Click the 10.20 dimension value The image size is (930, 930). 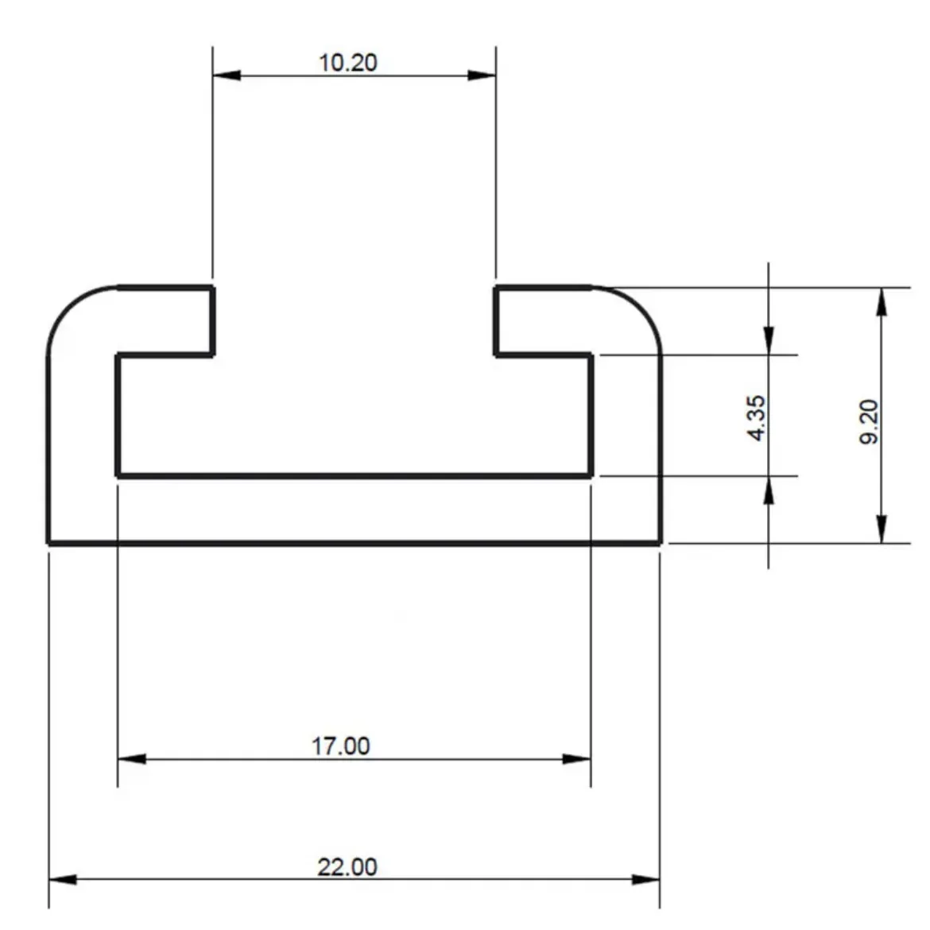click(x=347, y=62)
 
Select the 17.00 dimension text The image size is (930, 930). click(x=340, y=746)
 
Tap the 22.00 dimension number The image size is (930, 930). click(x=347, y=866)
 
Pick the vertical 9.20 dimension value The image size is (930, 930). click(x=870, y=421)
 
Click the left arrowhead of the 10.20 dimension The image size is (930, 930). click(x=227, y=76)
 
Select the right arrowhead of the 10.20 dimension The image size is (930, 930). click(x=482, y=76)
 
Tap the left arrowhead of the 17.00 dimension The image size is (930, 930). click(x=132, y=758)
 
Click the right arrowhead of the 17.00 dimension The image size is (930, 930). click(x=576, y=758)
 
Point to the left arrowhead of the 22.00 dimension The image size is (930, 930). click(x=63, y=880)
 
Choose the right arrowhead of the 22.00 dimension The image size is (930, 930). click(x=645, y=880)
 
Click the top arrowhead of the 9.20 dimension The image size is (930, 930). click(x=881, y=301)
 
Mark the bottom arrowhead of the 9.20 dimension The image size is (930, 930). click(x=881, y=529)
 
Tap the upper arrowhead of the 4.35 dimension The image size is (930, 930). click(x=768, y=340)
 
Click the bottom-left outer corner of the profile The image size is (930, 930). click(x=49, y=543)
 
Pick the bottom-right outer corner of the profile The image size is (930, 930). click(x=660, y=543)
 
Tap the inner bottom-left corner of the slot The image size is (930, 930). click(x=118, y=475)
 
